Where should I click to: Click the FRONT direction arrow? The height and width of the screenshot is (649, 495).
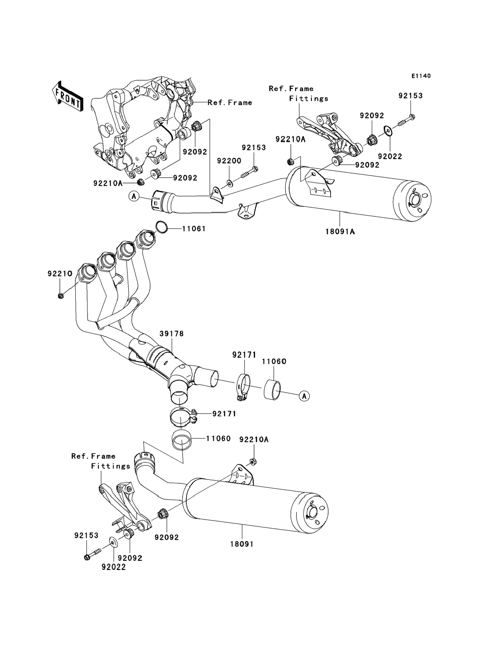pyautogui.click(x=67, y=96)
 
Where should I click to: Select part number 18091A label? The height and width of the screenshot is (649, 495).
pyautogui.click(x=340, y=232)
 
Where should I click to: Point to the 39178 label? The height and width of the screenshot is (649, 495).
pyautogui.click(x=171, y=334)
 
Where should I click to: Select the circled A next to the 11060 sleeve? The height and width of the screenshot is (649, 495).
pyautogui.click(x=304, y=396)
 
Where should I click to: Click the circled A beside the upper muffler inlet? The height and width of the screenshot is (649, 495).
pyautogui.click(x=134, y=196)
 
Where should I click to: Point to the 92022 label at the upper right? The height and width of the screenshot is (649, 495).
pyautogui.click(x=390, y=156)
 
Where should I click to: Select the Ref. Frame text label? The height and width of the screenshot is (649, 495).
pyautogui.click(x=230, y=103)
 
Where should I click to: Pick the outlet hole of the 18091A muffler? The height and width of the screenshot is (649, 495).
pyautogui.click(x=415, y=200)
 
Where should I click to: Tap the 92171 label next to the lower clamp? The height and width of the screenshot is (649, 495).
pyautogui.click(x=224, y=414)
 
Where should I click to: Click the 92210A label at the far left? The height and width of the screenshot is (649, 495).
pyautogui.click(x=108, y=184)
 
